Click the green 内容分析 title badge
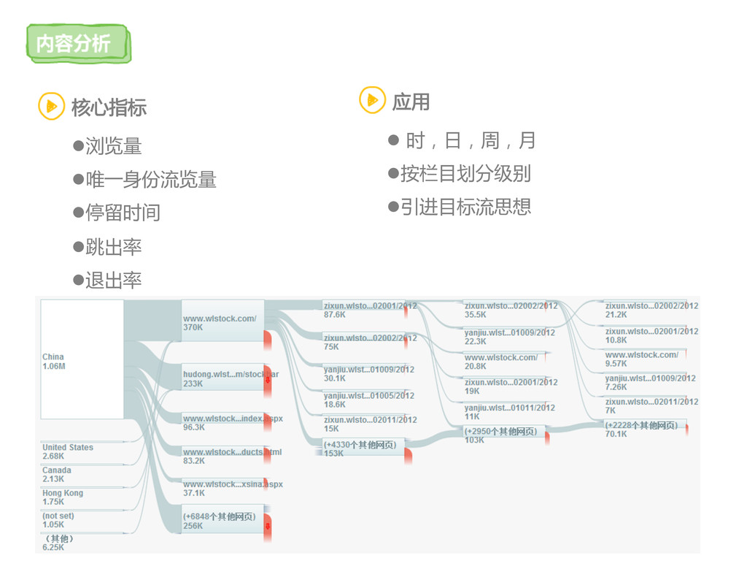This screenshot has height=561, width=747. point(76,44)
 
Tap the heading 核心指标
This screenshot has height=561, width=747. point(109,107)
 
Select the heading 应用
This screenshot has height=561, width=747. point(411,102)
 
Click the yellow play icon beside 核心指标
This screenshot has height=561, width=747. point(51,107)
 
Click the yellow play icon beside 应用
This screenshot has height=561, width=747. point(372,100)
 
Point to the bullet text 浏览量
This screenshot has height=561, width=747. point(113,146)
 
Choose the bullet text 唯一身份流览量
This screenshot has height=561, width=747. point(150,180)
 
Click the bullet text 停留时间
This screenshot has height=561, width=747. point(123,213)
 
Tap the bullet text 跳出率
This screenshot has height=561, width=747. point(113,247)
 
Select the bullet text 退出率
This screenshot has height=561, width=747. point(113,280)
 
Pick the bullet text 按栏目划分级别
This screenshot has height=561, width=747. point(465,173)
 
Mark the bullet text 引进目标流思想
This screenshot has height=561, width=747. point(465,207)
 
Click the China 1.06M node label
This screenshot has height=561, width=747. point(54,362)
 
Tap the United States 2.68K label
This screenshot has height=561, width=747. point(67,451)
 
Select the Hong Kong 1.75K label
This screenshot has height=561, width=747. point(62,497)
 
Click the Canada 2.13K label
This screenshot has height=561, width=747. point(56,475)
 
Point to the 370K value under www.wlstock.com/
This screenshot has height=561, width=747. point(193,328)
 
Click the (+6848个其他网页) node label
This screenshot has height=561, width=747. point(219,516)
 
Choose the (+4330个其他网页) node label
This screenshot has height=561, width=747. point(360,444)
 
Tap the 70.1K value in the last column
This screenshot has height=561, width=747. point(616,434)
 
